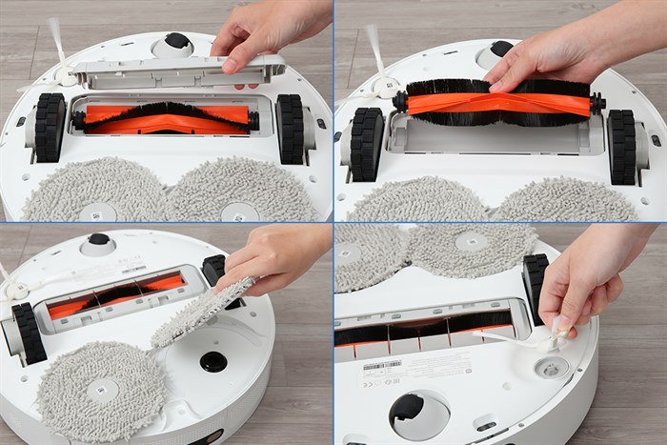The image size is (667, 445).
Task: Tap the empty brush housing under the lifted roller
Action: (495, 138)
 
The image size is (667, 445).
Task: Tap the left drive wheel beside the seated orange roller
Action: (49, 126)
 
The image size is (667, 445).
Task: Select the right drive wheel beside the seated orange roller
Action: (290, 128)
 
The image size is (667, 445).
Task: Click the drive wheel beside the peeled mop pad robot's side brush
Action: (29, 334)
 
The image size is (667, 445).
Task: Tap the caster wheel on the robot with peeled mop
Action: (98, 239)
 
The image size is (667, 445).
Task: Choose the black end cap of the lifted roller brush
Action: (596, 103)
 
